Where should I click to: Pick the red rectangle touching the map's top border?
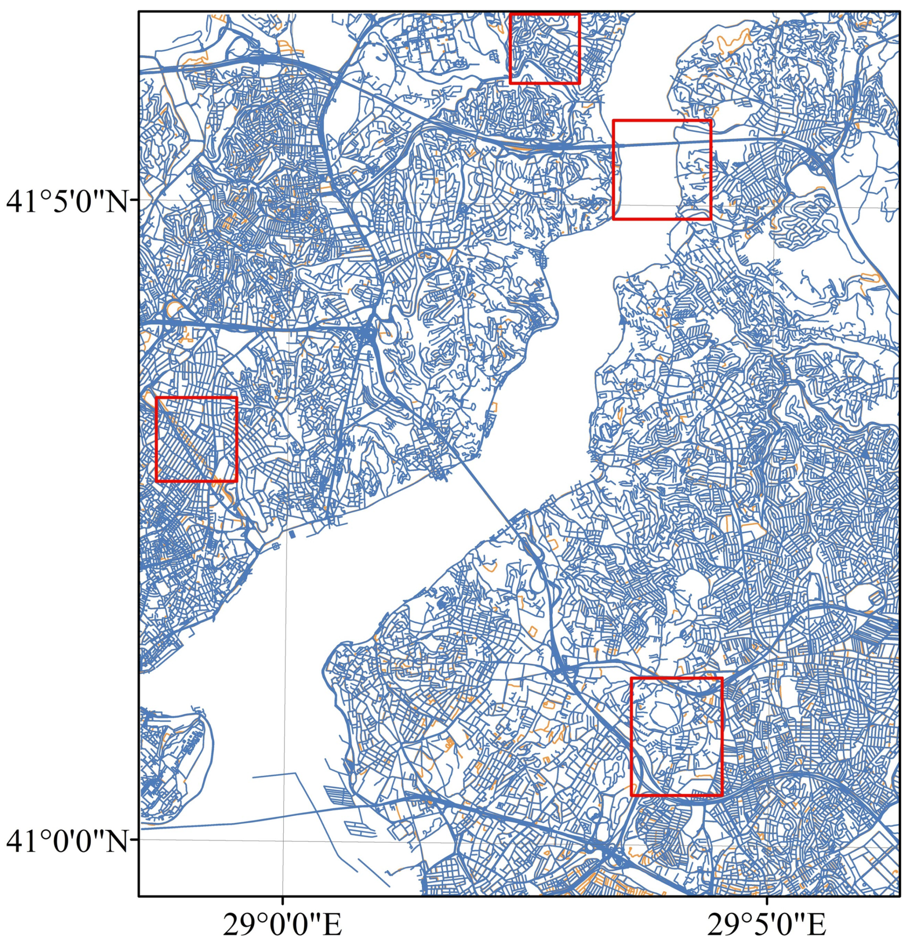pyautogui.click(x=545, y=48)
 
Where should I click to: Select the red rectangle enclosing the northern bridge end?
pyautogui.click(x=661, y=169)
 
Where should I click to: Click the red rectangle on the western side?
pyautogui.click(x=196, y=439)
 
